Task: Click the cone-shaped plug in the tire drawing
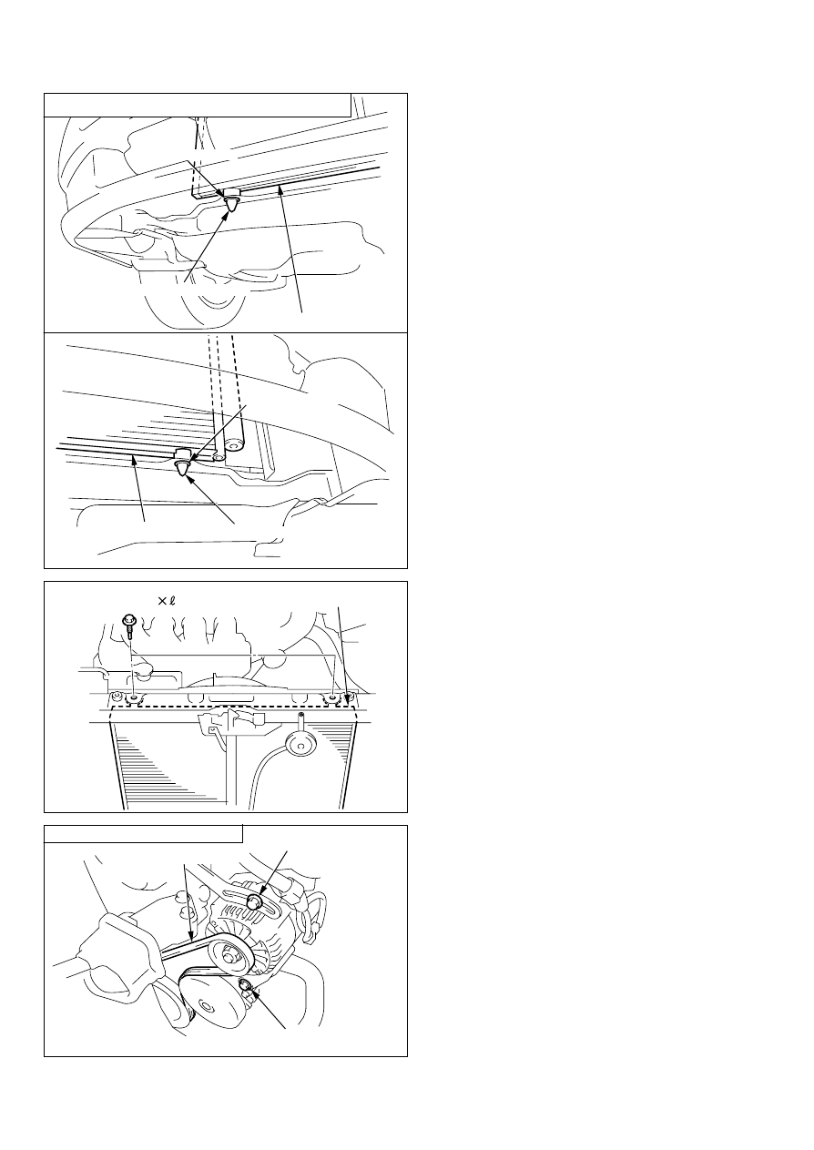233,203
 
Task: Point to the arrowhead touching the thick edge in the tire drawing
280,191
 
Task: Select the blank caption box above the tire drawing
198,106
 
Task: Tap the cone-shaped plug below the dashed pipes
183,466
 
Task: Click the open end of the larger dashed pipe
236,444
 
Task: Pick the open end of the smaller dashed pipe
219,456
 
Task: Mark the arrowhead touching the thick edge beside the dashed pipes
134,459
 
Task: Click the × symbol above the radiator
162,601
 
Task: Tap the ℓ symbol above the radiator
172,600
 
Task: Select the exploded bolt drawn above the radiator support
128,626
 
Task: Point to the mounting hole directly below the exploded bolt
135,697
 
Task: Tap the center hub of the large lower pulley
205,1005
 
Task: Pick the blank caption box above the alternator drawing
143,834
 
